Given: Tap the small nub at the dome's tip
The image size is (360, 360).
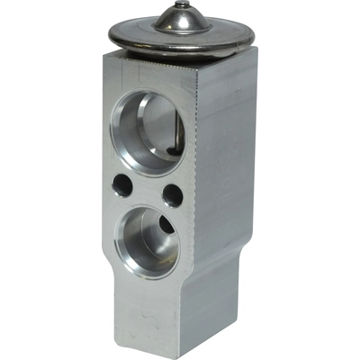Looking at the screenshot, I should [x=183, y=5].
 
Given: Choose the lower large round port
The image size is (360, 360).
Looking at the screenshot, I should [x=149, y=238].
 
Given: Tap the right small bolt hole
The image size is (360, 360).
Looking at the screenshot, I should [x=173, y=195].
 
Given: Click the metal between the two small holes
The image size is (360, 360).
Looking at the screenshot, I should [x=147, y=190].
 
